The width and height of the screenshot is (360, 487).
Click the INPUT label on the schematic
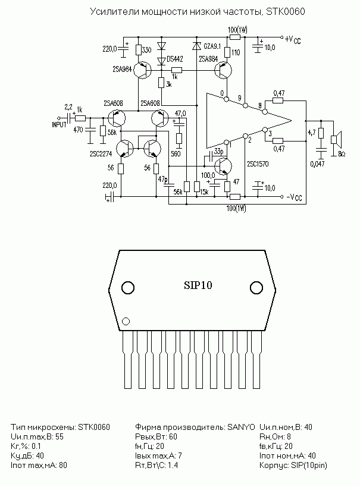point(59,124)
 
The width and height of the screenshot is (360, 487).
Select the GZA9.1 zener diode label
point(212,46)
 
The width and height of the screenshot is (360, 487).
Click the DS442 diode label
point(175,59)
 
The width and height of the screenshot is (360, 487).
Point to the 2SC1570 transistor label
point(258,164)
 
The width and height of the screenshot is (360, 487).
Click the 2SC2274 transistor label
point(101,153)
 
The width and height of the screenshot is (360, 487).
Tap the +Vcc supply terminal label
point(293,39)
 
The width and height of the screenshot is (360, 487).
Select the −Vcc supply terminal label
point(294,197)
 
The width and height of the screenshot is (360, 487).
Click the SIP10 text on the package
point(198,285)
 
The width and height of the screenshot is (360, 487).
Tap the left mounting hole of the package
point(128,288)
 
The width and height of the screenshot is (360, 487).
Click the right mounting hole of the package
point(256,288)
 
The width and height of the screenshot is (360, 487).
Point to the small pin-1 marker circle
point(126,321)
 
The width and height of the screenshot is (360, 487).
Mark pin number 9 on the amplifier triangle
point(239,98)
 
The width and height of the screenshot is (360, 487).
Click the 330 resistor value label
point(147,50)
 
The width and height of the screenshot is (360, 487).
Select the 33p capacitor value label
point(218,152)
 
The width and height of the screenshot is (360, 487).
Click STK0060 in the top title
point(286,11)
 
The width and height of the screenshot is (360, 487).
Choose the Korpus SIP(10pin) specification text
point(293,465)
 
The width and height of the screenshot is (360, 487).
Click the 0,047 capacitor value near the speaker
point(317,164)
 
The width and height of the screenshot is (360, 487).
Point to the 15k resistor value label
point(204,192)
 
